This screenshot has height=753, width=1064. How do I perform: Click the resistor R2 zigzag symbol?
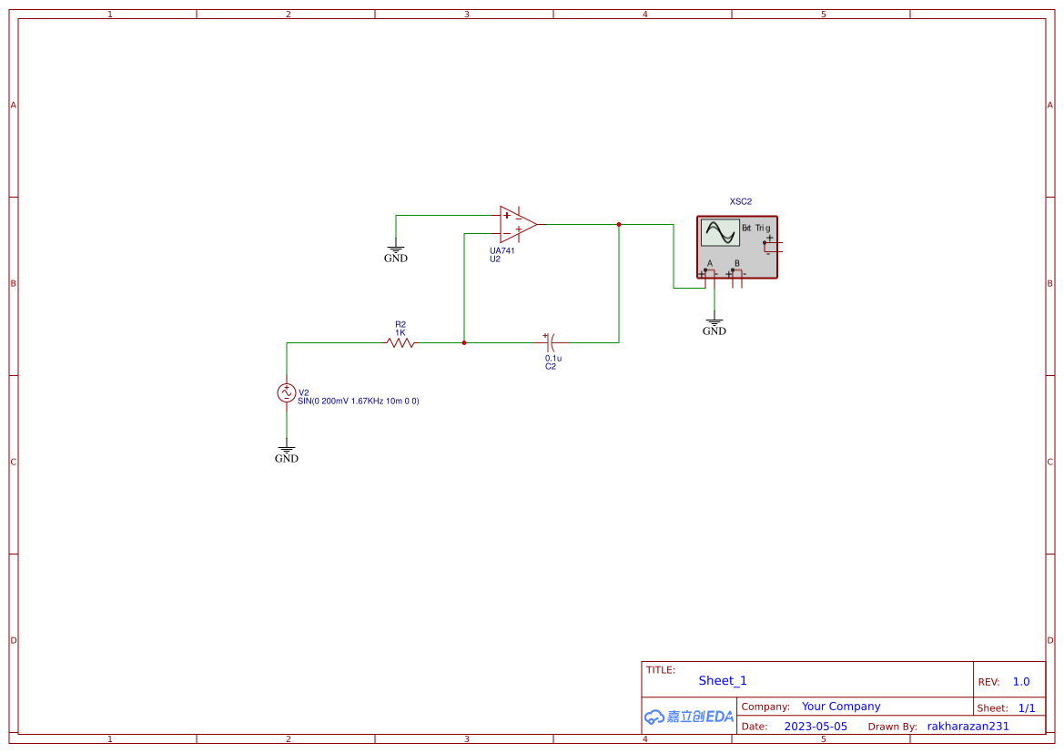[400, 342]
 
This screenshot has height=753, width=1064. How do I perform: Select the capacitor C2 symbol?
[549, 342]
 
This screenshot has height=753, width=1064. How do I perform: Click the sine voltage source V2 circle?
[287, 392]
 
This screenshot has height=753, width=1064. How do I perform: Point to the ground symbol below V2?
[287, 452]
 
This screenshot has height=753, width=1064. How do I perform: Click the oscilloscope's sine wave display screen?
[720, 233]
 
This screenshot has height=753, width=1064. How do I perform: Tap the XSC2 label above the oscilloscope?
[741, 202]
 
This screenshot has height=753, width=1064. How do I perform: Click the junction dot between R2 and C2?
[464, 343]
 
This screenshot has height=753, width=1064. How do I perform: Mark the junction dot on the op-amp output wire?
[619, 224]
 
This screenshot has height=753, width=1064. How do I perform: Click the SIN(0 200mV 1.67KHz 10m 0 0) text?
[358, 402]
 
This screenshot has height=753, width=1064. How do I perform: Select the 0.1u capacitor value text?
[553, 359]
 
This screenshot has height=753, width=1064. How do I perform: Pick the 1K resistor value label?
[400, 332]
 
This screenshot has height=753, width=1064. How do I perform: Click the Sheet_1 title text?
[723, 680]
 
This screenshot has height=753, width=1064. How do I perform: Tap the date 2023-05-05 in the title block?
[815, 727]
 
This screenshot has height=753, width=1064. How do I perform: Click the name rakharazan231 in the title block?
[968, 727]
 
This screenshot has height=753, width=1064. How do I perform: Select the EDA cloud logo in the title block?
[688, 717]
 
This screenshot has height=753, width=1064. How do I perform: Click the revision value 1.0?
[1021, 681]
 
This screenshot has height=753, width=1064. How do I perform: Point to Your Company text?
[841, 707]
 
